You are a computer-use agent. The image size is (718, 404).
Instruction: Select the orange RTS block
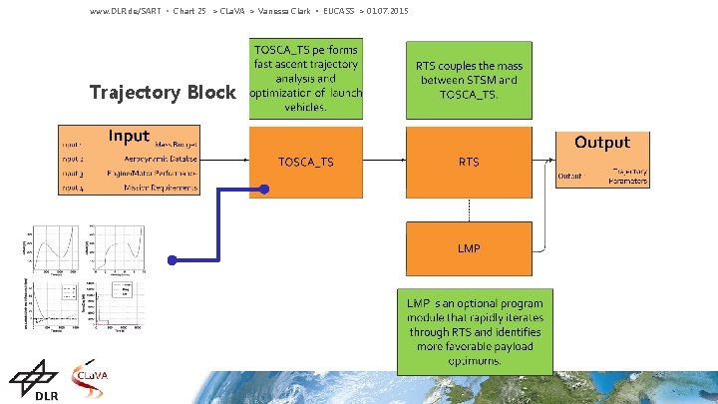click(468, 161)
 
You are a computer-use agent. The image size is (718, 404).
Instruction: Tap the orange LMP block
click(468, 247)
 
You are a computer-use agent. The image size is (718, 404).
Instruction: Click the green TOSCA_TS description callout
click(305, 77)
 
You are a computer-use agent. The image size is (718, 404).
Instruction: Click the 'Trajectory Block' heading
click(163, 93)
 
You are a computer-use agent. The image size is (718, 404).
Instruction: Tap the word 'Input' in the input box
click(129, 136)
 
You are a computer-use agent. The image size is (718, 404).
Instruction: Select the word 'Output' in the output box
click(601, 143)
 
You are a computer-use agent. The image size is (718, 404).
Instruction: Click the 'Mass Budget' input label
click(177, 144)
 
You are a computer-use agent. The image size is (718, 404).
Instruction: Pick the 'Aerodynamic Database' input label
click(161, 159)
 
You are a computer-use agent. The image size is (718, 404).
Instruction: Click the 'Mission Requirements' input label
click(161, 189)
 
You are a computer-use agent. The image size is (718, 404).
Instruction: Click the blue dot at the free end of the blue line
click(172, 260)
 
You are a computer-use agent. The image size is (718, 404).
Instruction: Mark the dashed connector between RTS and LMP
click(468, 205)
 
